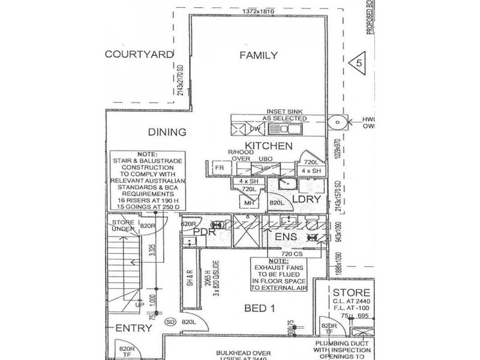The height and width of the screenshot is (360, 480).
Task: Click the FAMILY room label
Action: click(259, 56)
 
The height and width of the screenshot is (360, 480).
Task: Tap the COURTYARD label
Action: click(139, 54)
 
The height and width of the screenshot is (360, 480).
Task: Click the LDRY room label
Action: click(303, 199)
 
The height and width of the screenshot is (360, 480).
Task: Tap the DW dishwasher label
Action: click(254, 128)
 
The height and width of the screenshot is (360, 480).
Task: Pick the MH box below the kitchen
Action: click(250, 203)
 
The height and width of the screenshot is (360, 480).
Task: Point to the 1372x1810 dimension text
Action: click(259, 11)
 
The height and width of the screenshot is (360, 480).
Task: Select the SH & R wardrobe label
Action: click(189, 281)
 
